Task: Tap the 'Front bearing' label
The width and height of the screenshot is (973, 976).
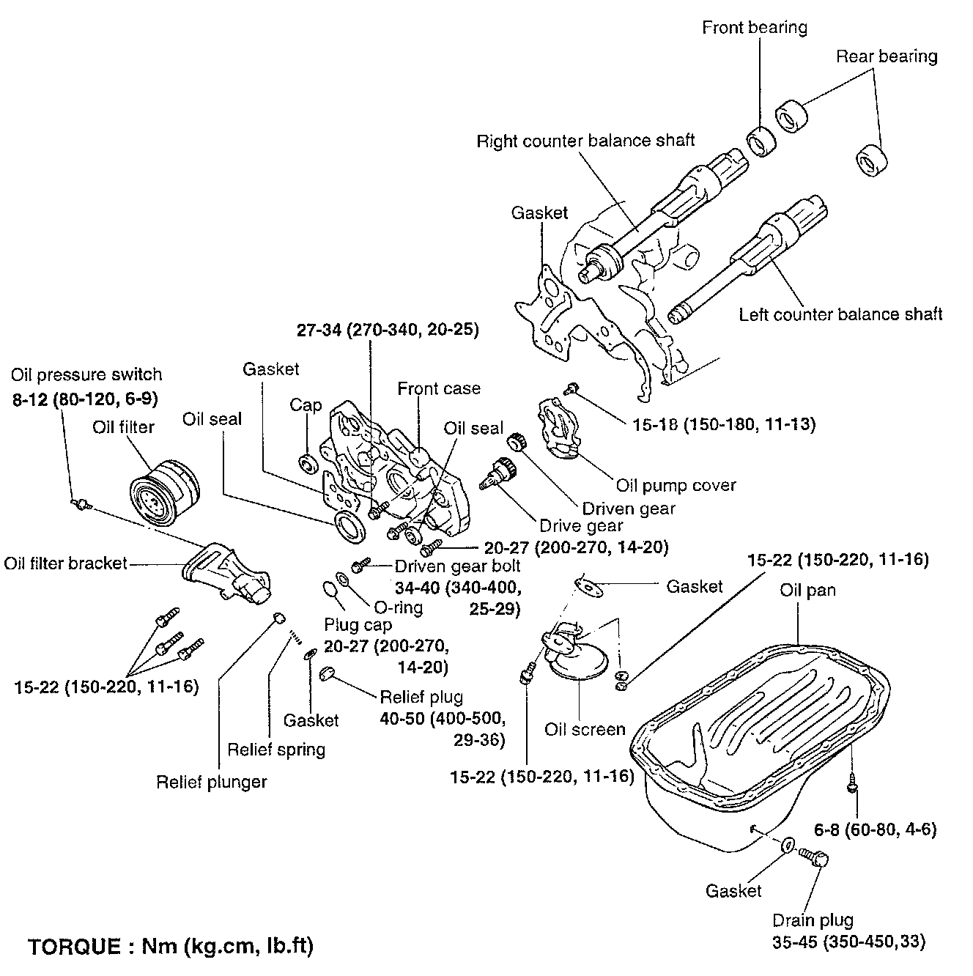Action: pos(754,28)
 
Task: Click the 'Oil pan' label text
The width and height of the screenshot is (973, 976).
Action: pos(807,590)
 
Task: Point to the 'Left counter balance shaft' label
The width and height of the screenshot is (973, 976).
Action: pos(840,314)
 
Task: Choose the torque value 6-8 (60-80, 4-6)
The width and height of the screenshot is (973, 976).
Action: pos(876,830)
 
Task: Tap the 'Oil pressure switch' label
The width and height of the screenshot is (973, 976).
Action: pos(86,374)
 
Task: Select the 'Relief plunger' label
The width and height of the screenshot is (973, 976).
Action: pos(212,782)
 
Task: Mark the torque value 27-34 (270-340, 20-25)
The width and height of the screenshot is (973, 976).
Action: pos(388,330)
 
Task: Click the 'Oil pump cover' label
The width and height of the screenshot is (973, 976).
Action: pos(676,485)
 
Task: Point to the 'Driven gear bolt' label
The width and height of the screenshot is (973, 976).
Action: pos(458,566)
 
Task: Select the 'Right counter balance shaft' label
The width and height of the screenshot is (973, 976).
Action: pos(585,141)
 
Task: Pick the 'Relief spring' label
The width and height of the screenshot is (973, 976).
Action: pos(276,750)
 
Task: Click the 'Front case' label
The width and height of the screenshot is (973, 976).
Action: pos(439,388)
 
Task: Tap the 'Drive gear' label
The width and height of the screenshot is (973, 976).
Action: pos(581,525)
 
